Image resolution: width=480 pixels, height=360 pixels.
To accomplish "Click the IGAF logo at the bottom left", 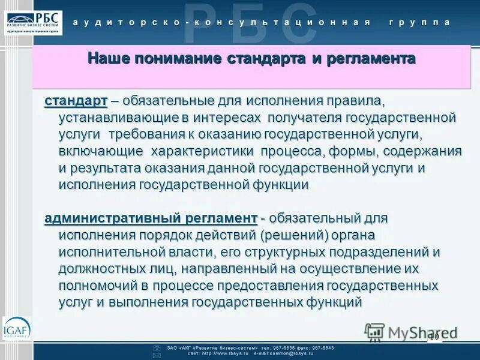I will [16, 329].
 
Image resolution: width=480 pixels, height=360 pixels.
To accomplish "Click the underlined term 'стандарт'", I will [76, 99].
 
